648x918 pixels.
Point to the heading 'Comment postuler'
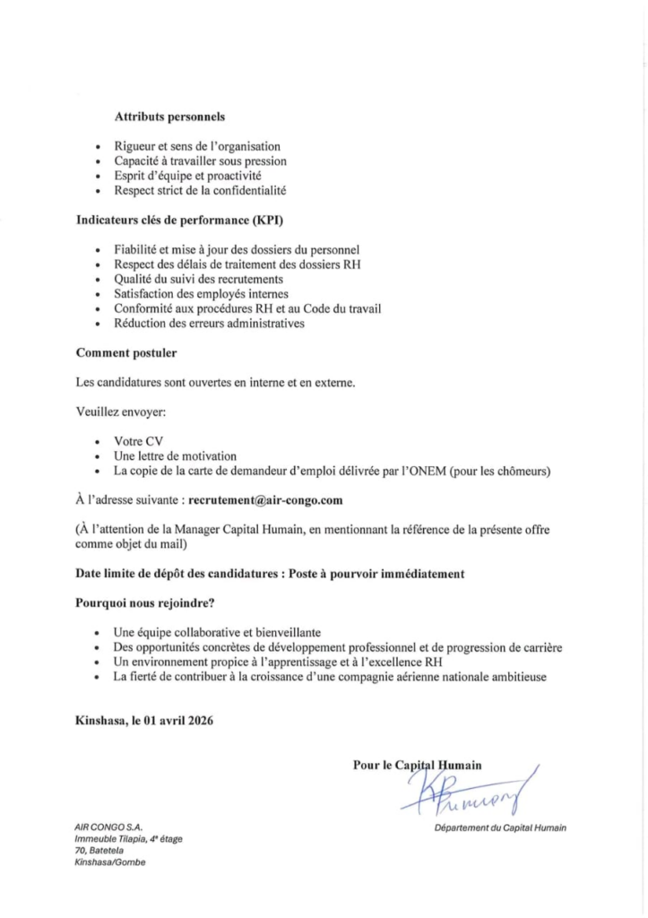click(x=125, y=352)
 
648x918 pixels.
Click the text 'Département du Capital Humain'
click(x=500, y=827)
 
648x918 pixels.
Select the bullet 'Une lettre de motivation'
click(x=175, y=455)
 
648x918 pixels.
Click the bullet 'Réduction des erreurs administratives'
click(x=209, y=323)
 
